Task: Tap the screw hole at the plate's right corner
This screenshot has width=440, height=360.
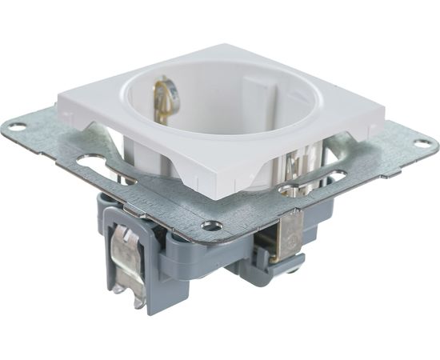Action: (x=421, y=144)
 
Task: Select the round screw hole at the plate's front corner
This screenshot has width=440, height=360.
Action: (x=212, y=226)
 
